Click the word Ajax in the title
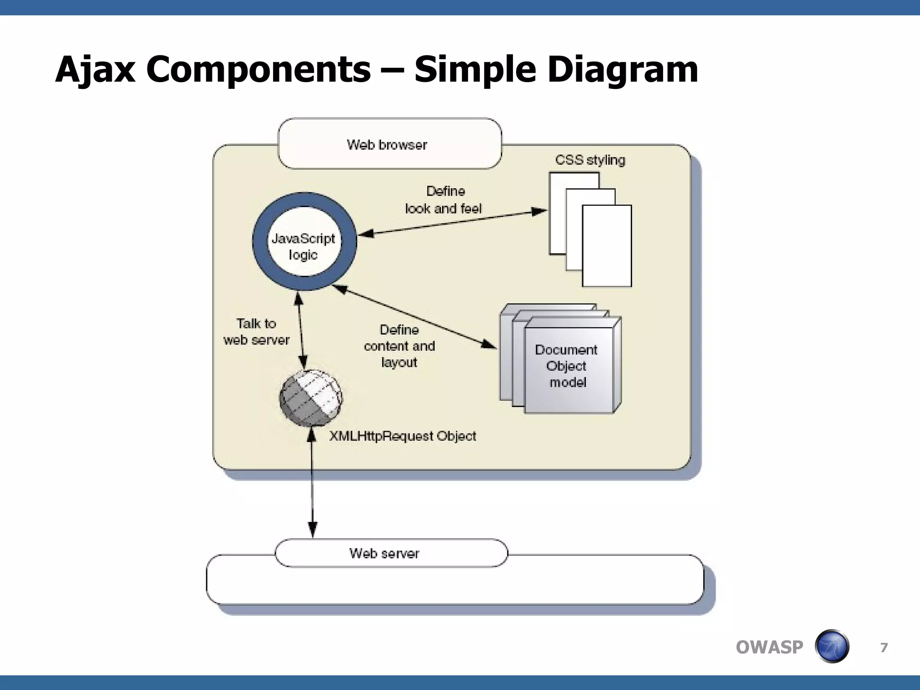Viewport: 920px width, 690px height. pyautogui.click(x=95, y=70)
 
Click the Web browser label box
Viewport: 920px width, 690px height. pyautogui.click(x=389, y=144)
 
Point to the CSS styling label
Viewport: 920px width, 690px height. pyautogui.click(x=590, y=160)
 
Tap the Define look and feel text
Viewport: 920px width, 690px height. pyautogui.click(x=443, y=200)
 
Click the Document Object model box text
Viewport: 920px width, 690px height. pyautogui.click(x=567, y=366)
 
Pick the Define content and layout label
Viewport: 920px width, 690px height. pyautogui.click(x=399, y=346)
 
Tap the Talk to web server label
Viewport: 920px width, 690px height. pyautogui.click(x=257, y=332)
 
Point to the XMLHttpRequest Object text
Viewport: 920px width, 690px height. pyautogui.click(x=402, y=436)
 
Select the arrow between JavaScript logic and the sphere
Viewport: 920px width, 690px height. pyautogui.click(x=301, y=330)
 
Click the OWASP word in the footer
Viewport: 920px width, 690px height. pyautogui.click(x=769, y=647)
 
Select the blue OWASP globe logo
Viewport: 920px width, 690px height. pyautogui.click(x=832, y=646)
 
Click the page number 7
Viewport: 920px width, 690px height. pyautogui.click(x=884, y=647)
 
